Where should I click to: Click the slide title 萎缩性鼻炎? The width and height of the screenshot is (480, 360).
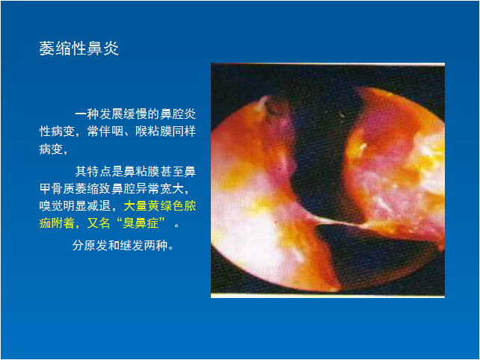(79, 49)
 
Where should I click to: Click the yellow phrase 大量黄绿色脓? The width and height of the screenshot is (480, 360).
(160, 206)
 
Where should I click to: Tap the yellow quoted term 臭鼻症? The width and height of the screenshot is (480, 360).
(141, 223)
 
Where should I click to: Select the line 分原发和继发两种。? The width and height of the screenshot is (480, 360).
(123, 246)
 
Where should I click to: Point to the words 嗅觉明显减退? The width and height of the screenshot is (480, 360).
(75, 206)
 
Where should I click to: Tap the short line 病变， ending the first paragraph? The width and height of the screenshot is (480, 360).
(53, 149)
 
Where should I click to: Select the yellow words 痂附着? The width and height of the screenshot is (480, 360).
(57, 223)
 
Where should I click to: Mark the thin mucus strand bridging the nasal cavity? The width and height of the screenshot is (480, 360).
(333, 222)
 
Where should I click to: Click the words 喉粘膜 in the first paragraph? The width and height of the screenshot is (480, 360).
(154, 131)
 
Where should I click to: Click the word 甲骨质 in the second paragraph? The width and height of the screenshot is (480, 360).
(57, 189)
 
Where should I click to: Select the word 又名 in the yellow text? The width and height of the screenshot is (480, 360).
(99, 223)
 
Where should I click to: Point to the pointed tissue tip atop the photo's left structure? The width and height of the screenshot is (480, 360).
(262, 99)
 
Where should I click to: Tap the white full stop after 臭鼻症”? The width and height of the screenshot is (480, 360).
(176, 226)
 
